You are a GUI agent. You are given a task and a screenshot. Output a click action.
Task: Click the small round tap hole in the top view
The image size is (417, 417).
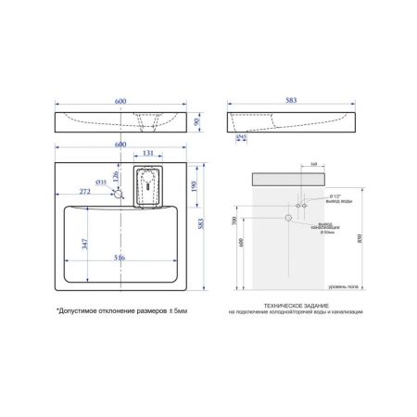[117, 194]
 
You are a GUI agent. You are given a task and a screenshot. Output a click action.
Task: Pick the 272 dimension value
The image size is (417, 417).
[85, 190]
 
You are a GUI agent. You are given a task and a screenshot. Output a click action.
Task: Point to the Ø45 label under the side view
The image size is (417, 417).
[240, 139]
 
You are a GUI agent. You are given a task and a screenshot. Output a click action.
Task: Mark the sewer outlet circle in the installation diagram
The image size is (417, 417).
[288, 218]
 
